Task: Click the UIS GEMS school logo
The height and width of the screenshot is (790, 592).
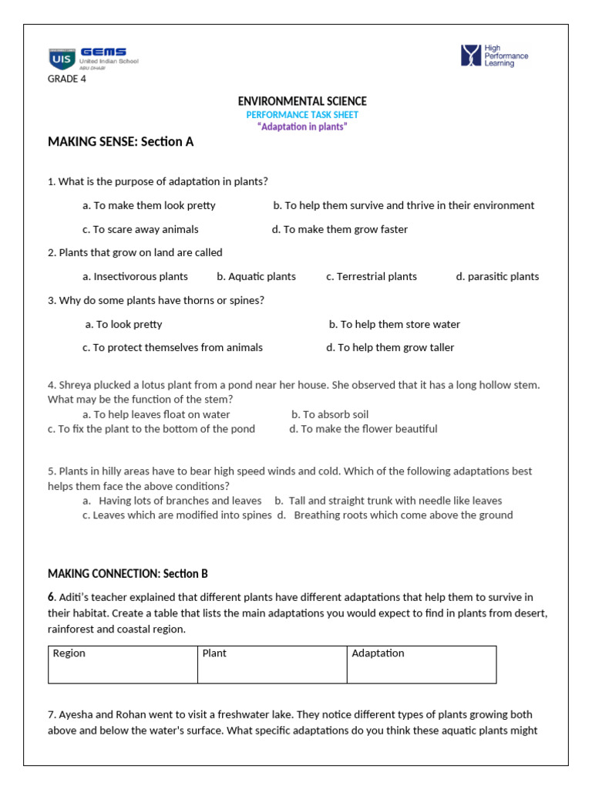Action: click(92, 58)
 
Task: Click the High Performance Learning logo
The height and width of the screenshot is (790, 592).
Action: click(494, 56)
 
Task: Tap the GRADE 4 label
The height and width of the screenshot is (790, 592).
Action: click(67, 78)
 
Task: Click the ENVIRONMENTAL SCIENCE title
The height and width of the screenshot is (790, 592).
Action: click(302, 101)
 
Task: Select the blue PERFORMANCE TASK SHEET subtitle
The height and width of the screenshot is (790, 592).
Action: click(302, 115)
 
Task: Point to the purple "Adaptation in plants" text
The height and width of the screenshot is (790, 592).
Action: click(302, 127)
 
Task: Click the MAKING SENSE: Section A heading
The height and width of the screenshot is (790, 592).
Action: click(121, 142)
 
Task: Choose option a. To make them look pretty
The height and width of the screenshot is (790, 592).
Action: click(149, 206)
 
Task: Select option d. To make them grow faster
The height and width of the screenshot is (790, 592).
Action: click(340, 229)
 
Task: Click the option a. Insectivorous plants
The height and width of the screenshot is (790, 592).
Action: click(135, 276)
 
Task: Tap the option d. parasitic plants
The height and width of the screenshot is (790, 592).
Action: click(497, 276)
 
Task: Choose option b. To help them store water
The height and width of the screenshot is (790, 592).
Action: click(395, 325)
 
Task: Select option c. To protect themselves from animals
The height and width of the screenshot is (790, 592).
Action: click(173, 348)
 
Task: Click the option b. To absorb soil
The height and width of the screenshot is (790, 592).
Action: click(330, 414)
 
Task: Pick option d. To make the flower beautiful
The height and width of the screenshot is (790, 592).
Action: click(363, 429)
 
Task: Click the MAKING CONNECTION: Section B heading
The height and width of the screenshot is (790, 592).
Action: click(128, 574)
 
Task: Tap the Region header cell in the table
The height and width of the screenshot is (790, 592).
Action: click(123, 664)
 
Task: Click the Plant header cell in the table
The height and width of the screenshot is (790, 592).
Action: click(272, 664)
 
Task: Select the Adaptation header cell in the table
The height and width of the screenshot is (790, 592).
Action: click(422, 664)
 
